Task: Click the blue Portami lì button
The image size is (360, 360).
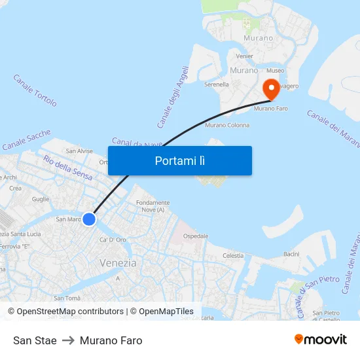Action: pos(180,160)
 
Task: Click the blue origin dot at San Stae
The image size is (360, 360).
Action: pos(89,219)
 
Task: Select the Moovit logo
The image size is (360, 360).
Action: pos(321,340)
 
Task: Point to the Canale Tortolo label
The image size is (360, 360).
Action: pos(35,90)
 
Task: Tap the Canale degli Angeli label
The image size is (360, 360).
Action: pos(173,97)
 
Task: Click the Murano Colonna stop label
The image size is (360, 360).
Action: pos(227,125)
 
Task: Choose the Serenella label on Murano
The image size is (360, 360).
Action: pos(217,84)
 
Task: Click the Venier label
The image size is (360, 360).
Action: pos(244,56)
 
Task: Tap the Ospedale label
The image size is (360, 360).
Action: pos(196,236)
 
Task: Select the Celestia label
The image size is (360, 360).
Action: pos(233,255)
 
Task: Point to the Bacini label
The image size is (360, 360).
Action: pos(291,253)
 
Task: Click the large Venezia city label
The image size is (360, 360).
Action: pos(118,263)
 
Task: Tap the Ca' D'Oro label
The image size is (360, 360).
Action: pos(112,240)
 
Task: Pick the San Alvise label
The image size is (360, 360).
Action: pos(79,151)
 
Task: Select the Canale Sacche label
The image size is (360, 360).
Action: pos(26,140)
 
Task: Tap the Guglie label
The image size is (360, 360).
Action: pos(41,199)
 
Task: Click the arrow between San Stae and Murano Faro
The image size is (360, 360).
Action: pos(68,340)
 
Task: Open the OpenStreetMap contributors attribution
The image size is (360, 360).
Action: pos(69,312)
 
